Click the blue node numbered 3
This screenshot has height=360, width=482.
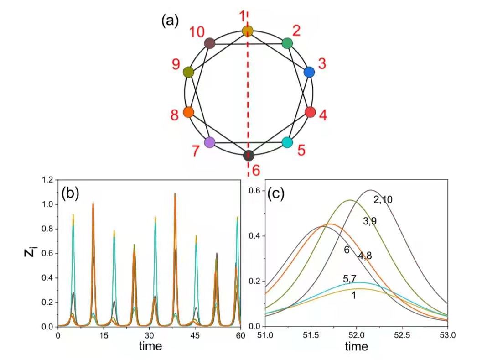[309, 72]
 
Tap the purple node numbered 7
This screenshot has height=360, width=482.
[210, 142]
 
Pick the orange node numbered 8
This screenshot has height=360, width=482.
[188, 112]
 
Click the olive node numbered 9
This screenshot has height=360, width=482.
[188, 72]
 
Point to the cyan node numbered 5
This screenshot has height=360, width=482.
[287, 142]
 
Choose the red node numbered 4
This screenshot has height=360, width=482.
[310, 112]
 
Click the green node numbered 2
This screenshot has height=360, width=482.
[287, 43]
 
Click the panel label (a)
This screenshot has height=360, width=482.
[170, 21]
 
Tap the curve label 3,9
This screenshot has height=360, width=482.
[372, 221]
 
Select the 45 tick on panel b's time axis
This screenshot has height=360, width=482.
[195, 335]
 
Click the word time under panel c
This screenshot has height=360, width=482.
[356, 347]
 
